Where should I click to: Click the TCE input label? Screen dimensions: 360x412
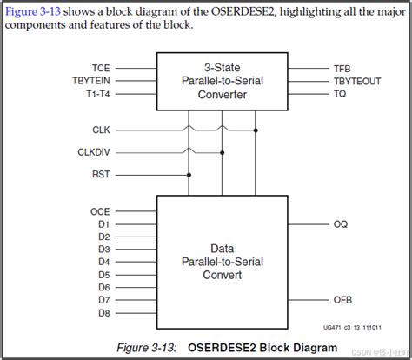point(101,67)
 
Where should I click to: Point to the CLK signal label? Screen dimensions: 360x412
point(102,130)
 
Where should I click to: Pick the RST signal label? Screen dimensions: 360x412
point(102,174)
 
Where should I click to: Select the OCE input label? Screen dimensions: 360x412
point(101,211)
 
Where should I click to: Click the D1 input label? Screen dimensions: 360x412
point(103,223)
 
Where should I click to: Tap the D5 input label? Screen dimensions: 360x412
point(103,274)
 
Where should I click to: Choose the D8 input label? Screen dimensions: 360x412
point(103,312)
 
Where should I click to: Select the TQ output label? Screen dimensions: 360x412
point(340,94)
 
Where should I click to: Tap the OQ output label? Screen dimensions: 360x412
point(341,224)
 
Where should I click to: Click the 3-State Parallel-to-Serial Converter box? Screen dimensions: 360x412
point(222,81)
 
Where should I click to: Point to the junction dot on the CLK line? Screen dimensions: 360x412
point(256,130)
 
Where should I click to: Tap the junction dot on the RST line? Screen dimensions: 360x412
point(188,174)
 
